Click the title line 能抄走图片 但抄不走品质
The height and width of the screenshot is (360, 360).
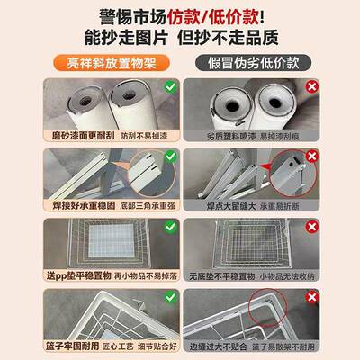(180, 40)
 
